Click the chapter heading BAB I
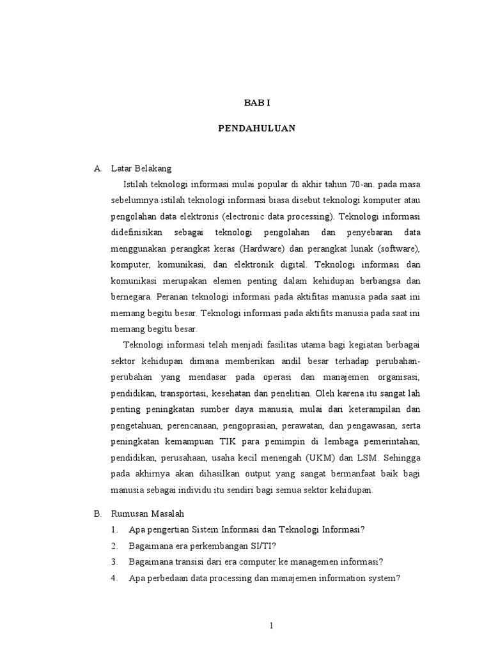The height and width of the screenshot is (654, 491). [x=253, y=103]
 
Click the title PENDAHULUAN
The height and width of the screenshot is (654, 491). [x=256, y=128]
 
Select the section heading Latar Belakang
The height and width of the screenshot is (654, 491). [x=141, y=169]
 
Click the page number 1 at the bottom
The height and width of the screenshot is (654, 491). [x=271, y=627]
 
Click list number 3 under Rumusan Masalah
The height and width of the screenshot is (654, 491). [x=114, y=561]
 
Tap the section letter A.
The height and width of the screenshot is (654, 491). [x=97, y=169]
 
